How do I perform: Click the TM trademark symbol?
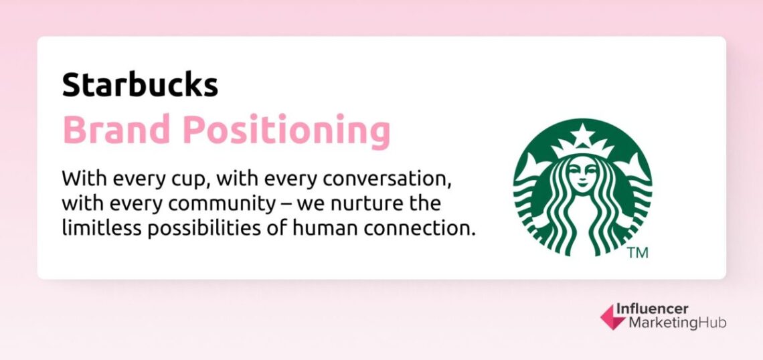(x=638, y=254)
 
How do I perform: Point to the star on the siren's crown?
(x=582, y=136)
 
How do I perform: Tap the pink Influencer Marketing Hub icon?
(x=610, y=316)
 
